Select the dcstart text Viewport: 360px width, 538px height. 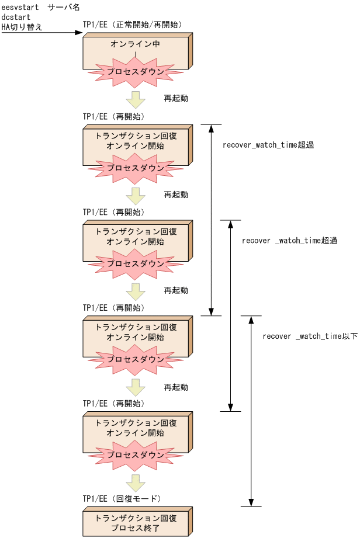16,18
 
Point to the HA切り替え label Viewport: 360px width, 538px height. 22,27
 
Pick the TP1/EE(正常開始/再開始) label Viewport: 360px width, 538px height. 132,25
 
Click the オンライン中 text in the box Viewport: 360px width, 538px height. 135,44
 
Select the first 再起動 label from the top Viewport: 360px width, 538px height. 176,98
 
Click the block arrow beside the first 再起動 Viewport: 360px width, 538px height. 136,99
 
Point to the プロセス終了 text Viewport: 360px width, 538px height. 136,529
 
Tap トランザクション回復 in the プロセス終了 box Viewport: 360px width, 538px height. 136,518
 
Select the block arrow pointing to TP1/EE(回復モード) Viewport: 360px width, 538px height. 136,483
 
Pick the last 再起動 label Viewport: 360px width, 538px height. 176,387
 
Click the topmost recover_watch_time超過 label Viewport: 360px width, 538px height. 268,145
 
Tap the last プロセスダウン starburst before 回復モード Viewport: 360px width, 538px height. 135,455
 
